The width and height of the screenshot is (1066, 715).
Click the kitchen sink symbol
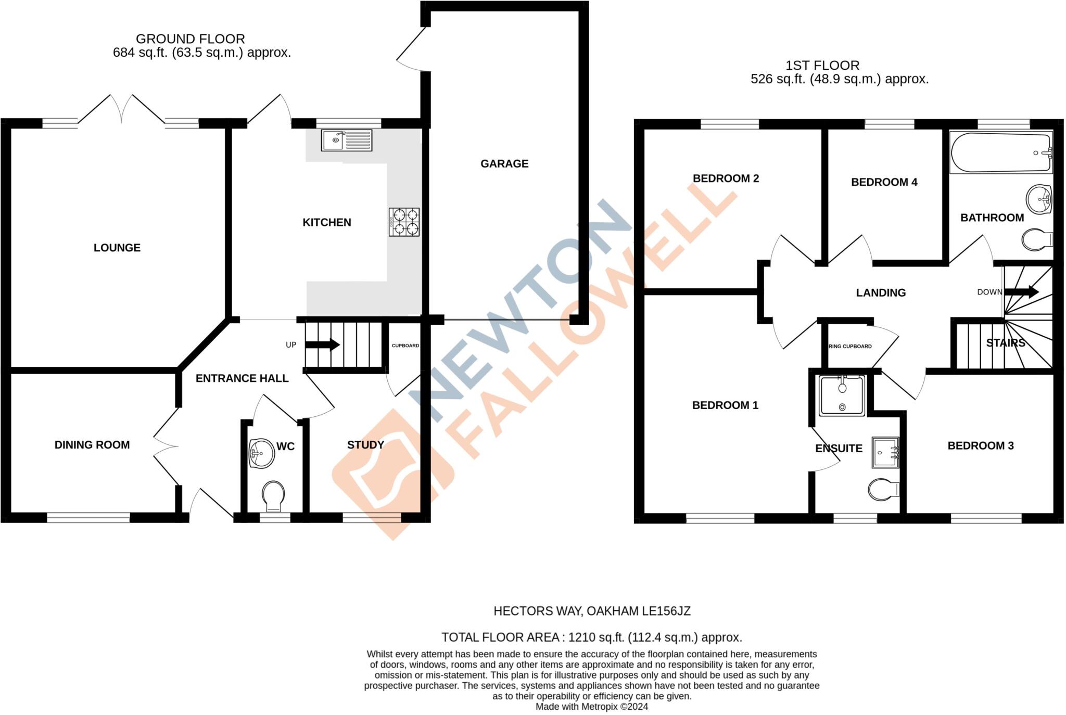(346, 140)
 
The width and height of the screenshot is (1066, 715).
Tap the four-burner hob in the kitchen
(404, 222)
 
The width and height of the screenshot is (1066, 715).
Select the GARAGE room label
(504, 164)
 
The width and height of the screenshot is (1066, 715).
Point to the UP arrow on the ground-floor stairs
(322, 344)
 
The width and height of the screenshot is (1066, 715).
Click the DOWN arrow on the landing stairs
(1021, 291)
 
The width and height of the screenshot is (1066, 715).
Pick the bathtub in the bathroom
(1000, 152)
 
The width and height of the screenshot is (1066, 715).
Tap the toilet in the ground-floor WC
(273, 495)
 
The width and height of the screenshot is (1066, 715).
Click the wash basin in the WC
(261, 453)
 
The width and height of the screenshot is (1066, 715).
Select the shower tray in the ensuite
(842, 396)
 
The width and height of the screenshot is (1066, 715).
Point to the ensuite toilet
(883, 489)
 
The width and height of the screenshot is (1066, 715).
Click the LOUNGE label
(117, 248)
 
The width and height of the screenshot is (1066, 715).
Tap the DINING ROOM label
(92, 445)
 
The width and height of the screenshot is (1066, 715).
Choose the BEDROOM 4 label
(884, 182)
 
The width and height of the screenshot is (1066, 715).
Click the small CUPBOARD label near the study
(405, 346)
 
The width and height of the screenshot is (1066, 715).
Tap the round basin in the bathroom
(1038, 199)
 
